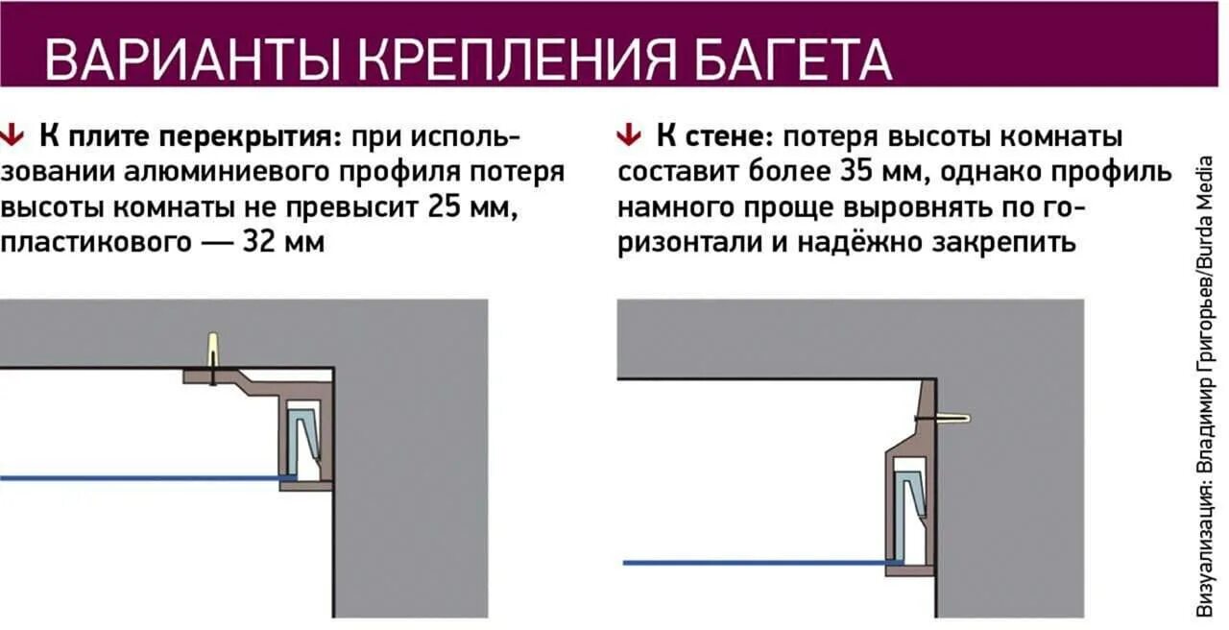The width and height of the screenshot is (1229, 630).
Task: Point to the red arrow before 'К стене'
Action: (x=629, y=135)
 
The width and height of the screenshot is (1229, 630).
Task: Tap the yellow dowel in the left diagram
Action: (x=212, y=349)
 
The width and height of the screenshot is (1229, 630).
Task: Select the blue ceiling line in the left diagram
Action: (x=144, y=477)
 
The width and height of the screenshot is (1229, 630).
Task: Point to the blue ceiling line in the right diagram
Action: (x=759, y=562)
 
